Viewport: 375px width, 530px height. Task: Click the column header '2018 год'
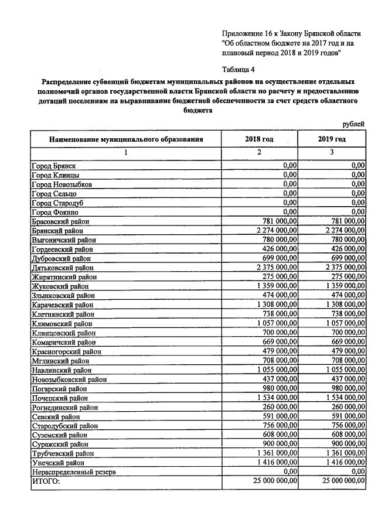point(259,139)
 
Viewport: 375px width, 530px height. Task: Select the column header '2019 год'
point(331,139)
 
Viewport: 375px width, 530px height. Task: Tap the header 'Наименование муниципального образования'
point(126,140)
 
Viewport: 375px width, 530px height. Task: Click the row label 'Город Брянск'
point(53,166)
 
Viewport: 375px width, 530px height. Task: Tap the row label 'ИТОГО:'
point(46,481)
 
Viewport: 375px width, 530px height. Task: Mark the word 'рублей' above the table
point(353,124)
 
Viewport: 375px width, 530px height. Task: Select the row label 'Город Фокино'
point(54,212)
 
